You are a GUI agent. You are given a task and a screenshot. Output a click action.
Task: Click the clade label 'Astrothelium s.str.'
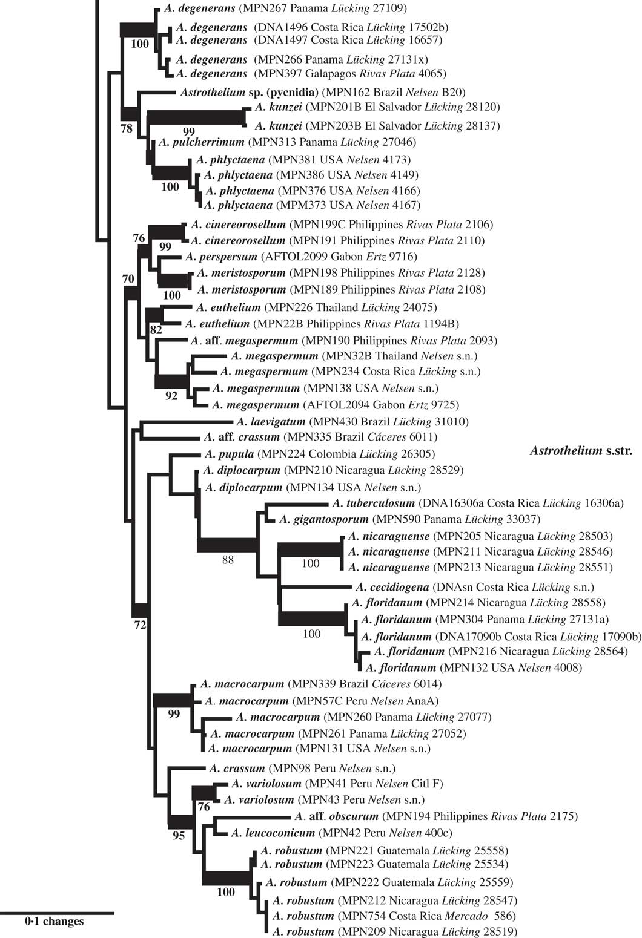tap(581, 451)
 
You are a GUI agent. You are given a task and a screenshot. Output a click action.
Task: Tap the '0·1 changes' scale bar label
tap(55, 922)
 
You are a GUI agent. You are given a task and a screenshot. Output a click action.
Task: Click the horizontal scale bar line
tap(57, 911)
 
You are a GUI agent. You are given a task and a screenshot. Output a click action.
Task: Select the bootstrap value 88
tap(228, 560)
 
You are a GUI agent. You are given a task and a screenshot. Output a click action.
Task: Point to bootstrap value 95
tap(179, 836)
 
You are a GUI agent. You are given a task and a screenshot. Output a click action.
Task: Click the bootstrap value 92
tap(171, 396)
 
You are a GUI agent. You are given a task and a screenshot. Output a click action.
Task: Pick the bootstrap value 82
tap(156, 330)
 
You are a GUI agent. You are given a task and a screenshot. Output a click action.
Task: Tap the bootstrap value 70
tap(128, 279)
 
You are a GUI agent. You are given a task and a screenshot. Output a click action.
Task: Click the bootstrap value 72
tap(140, 625)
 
